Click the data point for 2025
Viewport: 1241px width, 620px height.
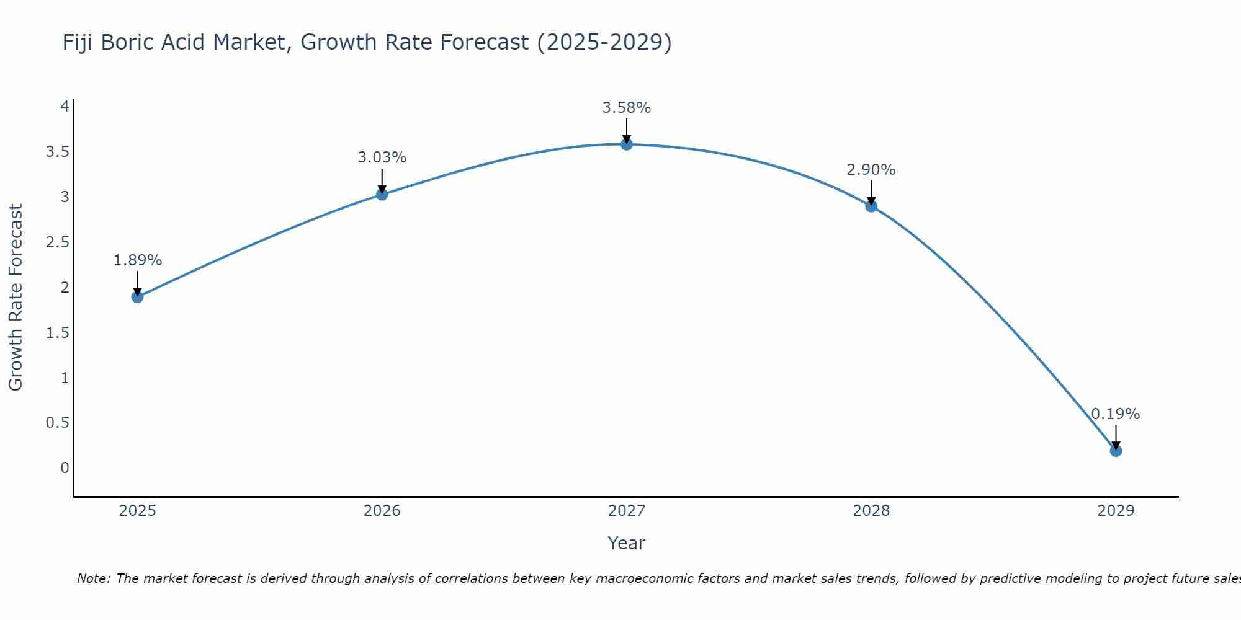click(137, 297)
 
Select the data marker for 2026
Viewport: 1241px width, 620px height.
click(382, 194)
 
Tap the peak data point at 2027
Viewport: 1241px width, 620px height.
click(627, 144)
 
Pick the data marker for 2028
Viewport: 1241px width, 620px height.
click(871, 206)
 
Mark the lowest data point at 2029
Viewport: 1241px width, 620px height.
click(1116, 451)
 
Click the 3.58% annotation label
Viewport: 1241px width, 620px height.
click(627, 108)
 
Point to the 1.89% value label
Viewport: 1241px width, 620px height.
click(137, 260)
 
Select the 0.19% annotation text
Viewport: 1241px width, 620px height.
click(1115, 414)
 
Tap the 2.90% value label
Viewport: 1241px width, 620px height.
click(871, 170)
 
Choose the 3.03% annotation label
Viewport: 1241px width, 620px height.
click(382, 157)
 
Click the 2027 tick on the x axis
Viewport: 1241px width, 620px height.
click(627, 511)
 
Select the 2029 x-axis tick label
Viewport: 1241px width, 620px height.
click(1116, 511)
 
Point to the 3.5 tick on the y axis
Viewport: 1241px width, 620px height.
click(57, 152)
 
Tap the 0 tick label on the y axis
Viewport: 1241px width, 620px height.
click(65, 468)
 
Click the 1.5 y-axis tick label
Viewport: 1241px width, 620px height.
click(57, 333)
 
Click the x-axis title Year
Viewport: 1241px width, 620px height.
click(627, 543)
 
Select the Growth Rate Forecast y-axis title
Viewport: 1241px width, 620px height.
click(16, 297)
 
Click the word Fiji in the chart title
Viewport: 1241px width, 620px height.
click(79, 42)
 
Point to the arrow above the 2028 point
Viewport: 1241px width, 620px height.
click(871, 192)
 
